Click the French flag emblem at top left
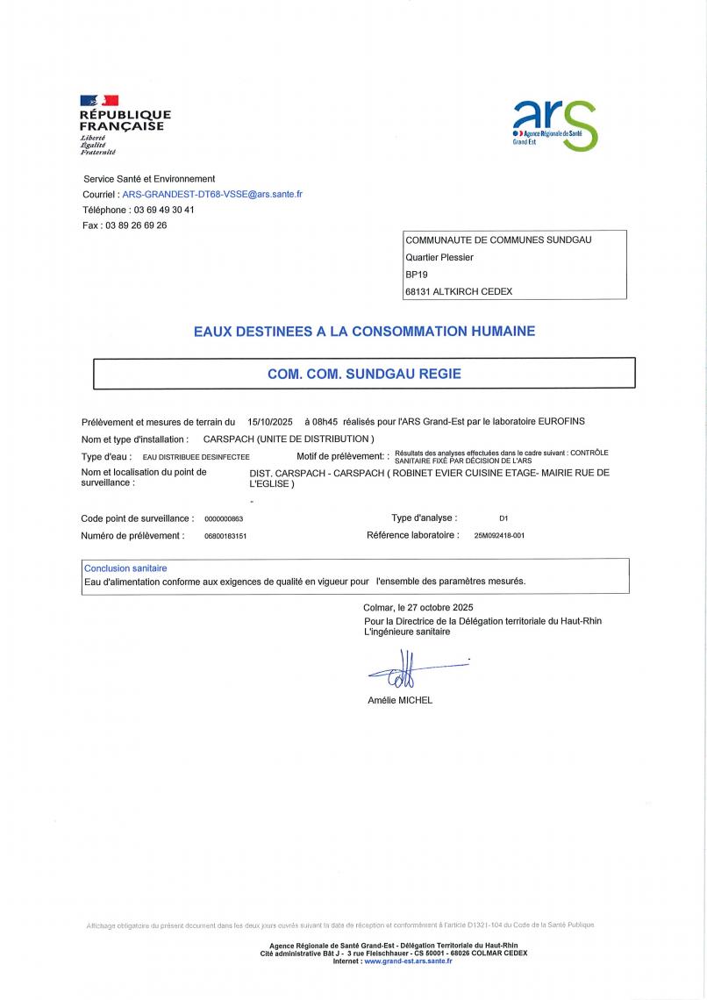[x=99, y=101]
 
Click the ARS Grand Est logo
[x=554, y=124]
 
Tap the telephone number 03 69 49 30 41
[x=163, y=210]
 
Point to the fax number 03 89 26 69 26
[x=136, y=225]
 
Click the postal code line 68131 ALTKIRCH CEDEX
[x=459, y=291]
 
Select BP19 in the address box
[x=417, y=275]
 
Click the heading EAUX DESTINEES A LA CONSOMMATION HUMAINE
[x=364, y=332]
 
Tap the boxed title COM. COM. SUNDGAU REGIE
[x=364, y=374]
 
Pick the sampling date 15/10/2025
[x=270, y=422]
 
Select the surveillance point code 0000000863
[x=224, y=519]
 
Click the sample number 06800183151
[x=225, y=535]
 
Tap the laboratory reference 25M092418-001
[x=498, y=535]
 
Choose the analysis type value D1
[x=503, y=519]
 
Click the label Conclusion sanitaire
[x=125, y=568]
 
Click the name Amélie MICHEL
[x=400, y=700]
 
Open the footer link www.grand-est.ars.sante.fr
[x=408, y=961]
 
